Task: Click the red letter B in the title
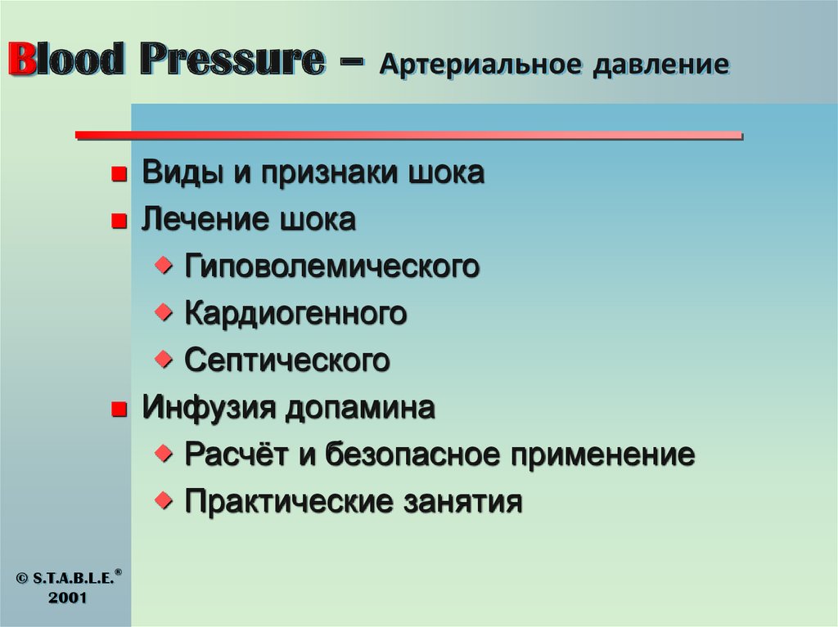coord(22,61)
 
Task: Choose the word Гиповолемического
coord(331,267)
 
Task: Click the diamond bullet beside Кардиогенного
coord(165,311)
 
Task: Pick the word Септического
coord(287,361)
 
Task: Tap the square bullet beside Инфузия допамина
coord(119,409)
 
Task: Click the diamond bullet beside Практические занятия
coord(165,499)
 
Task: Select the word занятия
coord(462,501)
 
